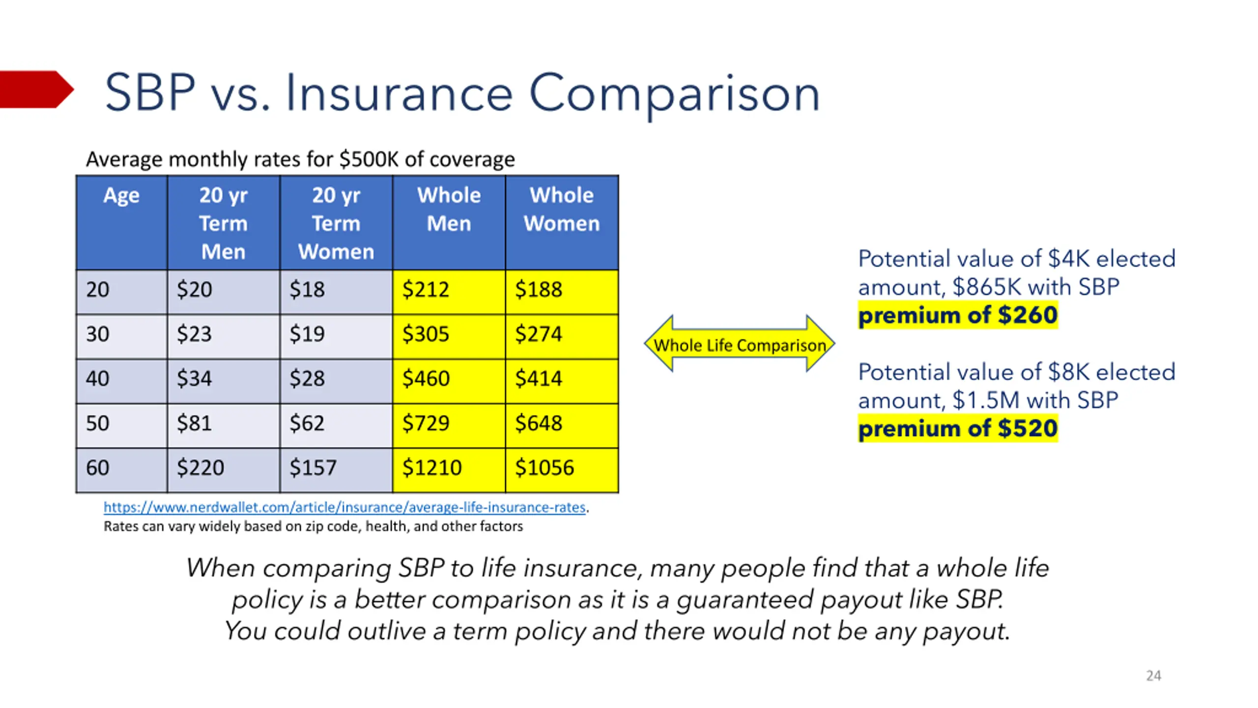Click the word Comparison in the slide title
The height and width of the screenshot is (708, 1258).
pos(674,95)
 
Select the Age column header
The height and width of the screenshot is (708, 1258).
pos(121,196)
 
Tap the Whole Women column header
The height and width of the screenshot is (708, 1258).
pos(562,209)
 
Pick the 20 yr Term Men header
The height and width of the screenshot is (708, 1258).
pos(223,223)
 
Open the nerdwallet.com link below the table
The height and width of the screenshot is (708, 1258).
pos(344,507)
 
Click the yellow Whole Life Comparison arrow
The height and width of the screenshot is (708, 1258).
pos(739,344)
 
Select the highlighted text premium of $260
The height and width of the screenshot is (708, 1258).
pos(958,315)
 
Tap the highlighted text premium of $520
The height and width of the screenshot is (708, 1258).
pos(958,429)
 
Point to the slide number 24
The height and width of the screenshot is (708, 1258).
pos(1153,676)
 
